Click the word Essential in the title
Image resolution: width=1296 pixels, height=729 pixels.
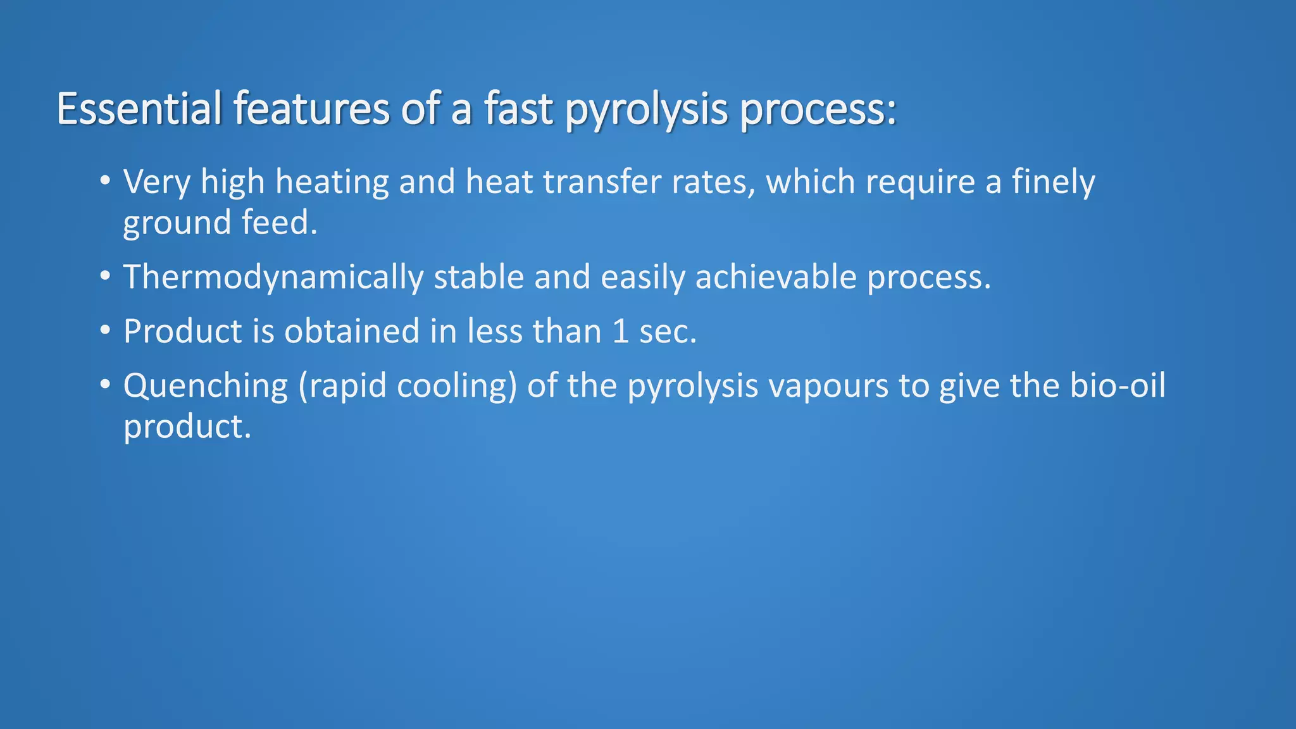coord(139,109)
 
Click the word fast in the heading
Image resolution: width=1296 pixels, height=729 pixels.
coord(519,109)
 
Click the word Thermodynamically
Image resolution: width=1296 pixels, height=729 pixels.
coord(273,278)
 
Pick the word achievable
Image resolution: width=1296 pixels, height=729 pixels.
coord(775,278)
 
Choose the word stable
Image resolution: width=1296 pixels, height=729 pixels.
coord(478,277)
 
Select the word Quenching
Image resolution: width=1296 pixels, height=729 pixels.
coord(206,387)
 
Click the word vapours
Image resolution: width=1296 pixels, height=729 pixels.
coord(828,387)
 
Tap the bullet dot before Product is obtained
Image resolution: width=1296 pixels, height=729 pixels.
coord(105,330)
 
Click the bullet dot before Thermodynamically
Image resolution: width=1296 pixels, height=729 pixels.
coord(105,276)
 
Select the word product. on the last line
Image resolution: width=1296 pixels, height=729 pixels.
coord(187,427)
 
